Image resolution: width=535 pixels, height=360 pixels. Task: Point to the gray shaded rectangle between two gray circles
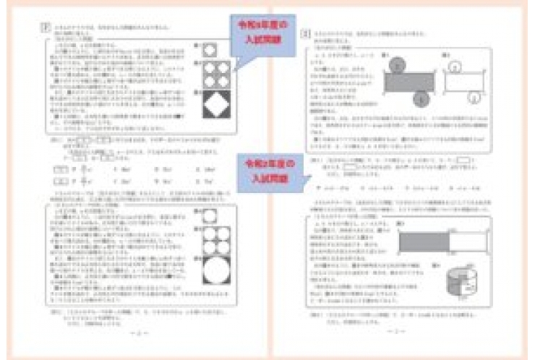pyautogui.click(x=408, y=82)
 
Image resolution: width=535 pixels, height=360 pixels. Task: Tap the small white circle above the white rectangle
pyautogui.click(x=455, y=67)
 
